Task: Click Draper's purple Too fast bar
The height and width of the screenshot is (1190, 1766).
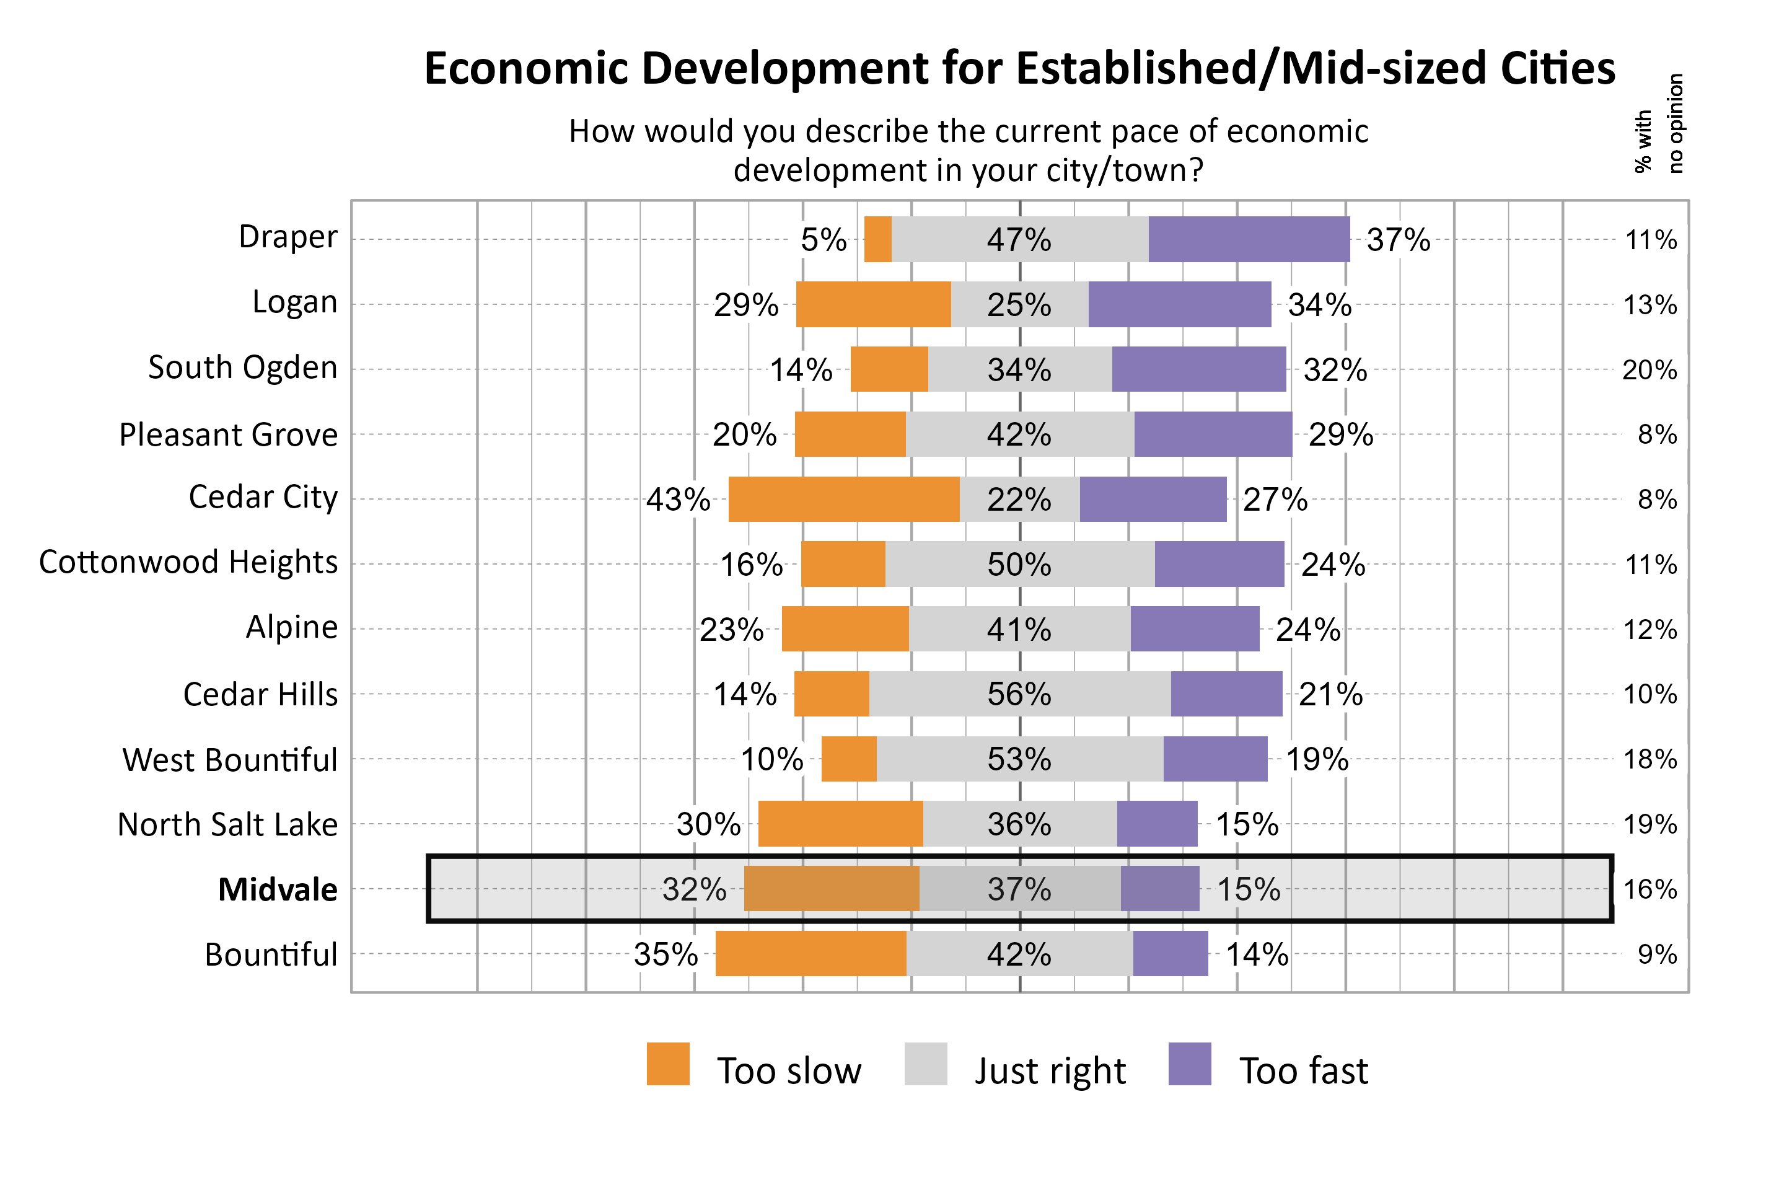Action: pyautogui.click(x=1249, y=239)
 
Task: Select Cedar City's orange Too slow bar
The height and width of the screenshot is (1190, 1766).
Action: pyautogui.click(x=843, y=500)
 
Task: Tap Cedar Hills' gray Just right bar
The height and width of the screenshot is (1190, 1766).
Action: pyautogui.click(x=1019, y=694)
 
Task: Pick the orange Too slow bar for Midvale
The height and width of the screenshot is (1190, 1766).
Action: pyautogui.click(x=832, y=888)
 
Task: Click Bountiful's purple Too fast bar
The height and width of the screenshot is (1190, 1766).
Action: pyautogui.click(x=1170, y=953)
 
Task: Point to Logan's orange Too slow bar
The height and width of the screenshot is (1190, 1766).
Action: pyautogui.click(x=873, y=304)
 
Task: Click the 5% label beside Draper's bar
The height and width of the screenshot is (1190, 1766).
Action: pyautogui.click(x=823, y=240)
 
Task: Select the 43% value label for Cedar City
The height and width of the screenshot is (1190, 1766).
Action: pyautogui.click(x=677, y=500)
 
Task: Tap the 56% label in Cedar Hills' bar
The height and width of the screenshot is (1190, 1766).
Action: pyautogui.click(x=1019, y=694)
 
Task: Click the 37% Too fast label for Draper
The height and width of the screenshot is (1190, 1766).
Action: pyautogui.click(x=1397, y=240)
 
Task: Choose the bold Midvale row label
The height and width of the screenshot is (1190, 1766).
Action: pyautogui.click(x=278, y=889)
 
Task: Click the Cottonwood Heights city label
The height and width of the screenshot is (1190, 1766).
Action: pyautogui.click(x=188, y=562)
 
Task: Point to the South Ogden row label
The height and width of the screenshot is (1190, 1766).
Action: pyautogui.click(x=242, y=368)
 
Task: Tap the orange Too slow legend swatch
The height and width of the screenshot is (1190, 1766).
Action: pyautogui.click(x=667, y=1064)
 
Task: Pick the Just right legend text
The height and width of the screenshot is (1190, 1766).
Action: pyautogui.click(x=1050, y=1071)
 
